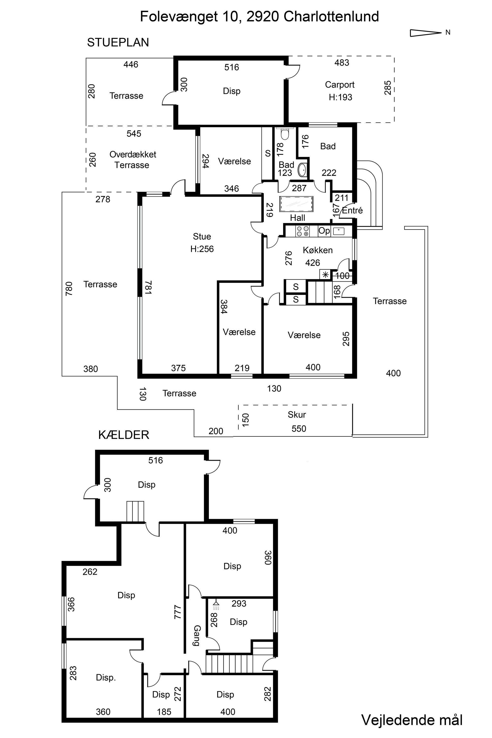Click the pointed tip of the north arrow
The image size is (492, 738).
pos(442,32)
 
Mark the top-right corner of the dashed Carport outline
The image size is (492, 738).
pos(394,57)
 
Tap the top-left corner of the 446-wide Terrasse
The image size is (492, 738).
pos(86,58)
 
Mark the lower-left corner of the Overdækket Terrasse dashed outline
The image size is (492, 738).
pos(86,192)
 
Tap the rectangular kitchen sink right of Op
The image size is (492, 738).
pos(338,231)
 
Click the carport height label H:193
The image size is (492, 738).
pos(340,97)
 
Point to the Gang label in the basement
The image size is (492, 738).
pos(197,636)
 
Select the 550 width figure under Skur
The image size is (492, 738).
pos(299,429)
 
